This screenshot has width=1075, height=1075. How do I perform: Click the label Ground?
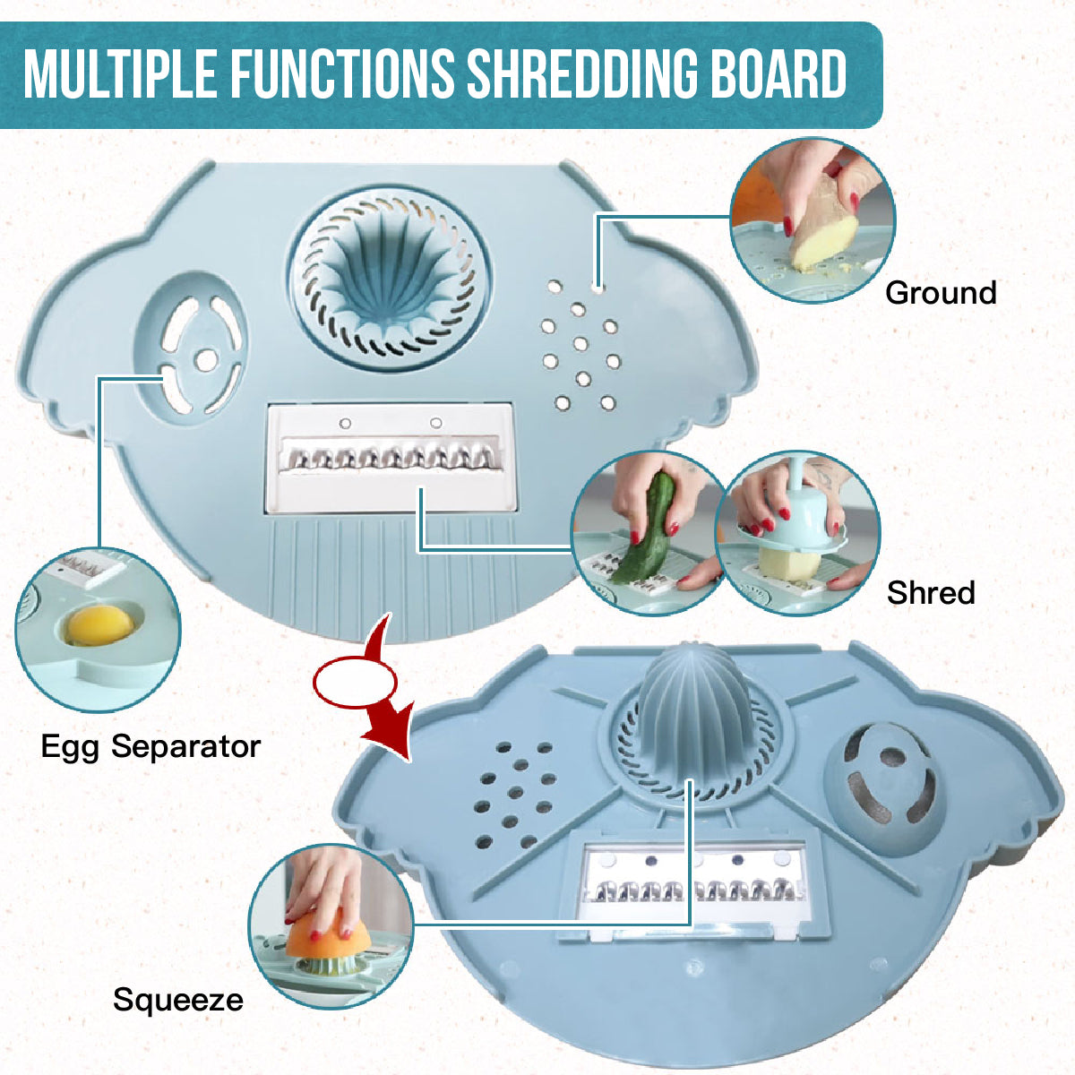coord(940,293)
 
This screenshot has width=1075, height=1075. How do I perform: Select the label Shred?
coord(930,592)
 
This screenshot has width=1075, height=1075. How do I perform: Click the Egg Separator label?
coord(150,746)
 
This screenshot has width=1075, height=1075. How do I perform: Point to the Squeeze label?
coord(177,1000)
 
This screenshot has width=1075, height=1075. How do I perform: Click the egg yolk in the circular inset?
coord(97,624)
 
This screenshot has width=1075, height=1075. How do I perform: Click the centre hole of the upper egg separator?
coord(206,359)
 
